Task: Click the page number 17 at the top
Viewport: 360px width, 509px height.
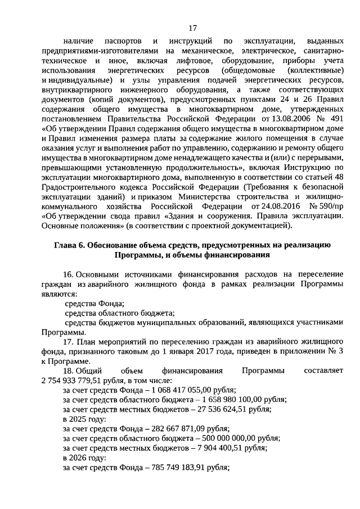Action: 192,28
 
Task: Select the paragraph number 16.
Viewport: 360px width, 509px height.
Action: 68,274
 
